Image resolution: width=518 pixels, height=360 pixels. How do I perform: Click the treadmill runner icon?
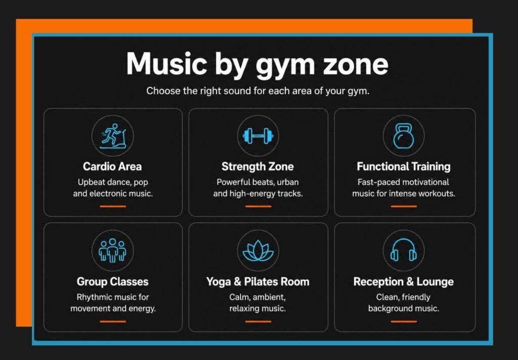click(113, 136)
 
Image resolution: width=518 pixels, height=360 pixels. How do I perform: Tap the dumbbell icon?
click(258, 136)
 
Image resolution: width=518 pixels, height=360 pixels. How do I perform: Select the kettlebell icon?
click(403, 136)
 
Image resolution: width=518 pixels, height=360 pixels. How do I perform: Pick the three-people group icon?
click(113, 250)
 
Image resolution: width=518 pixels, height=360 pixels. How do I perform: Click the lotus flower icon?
click(258, 251)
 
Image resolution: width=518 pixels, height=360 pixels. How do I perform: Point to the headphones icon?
click(403, 250)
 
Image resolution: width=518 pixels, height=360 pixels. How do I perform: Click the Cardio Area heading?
click(112, 166)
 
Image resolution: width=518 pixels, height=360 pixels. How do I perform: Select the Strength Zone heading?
click(257, 166)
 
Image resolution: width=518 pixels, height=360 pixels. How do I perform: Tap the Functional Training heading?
click(404, 166)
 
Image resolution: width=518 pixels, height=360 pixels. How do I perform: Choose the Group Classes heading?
click(113, 282)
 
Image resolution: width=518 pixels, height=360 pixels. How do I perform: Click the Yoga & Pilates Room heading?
click(258, 282)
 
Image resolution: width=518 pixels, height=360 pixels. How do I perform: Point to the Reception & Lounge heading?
click(404, 282)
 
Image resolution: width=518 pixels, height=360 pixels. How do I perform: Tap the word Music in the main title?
click(167, 63)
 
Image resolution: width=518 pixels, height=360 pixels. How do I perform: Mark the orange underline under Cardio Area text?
click(113, 206)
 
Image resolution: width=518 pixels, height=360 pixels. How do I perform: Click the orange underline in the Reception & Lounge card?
click(404, 322)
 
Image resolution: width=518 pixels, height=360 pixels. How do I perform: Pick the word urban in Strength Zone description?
click(288, 182)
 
